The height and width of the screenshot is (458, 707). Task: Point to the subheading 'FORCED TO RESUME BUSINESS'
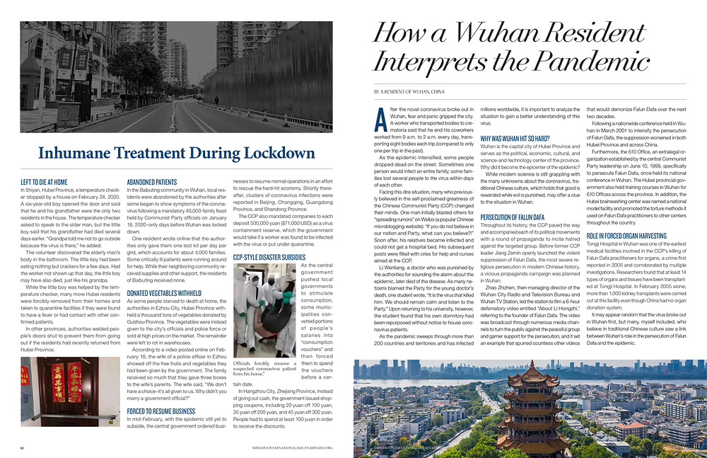click(160, 411)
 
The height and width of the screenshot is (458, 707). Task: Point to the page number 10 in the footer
click(23, 448)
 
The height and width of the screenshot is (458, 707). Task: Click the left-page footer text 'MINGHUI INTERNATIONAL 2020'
click(292, 448)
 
